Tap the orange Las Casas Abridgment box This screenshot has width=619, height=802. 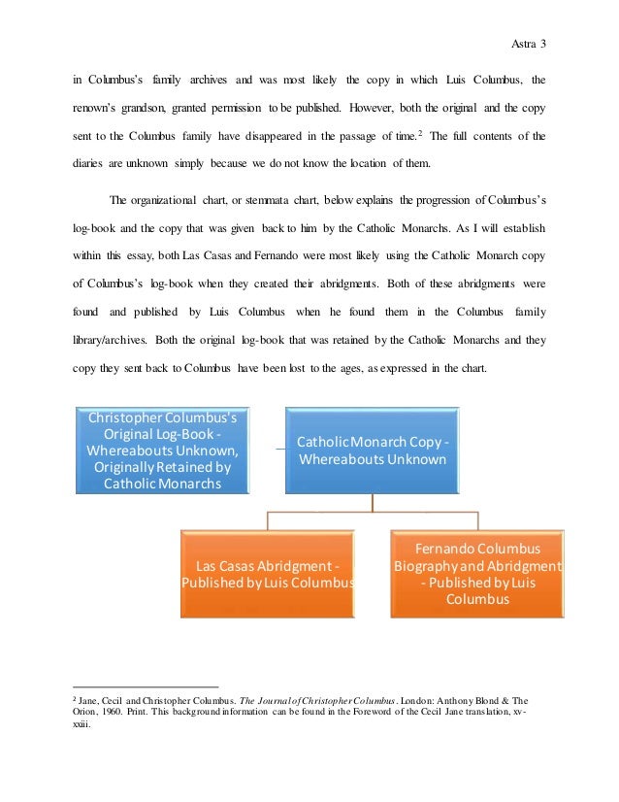coord(268,573)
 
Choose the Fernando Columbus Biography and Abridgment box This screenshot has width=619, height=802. coord(477,573)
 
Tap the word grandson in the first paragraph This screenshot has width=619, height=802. coord(141,105)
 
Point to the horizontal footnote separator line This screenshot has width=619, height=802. coord(146,686)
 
